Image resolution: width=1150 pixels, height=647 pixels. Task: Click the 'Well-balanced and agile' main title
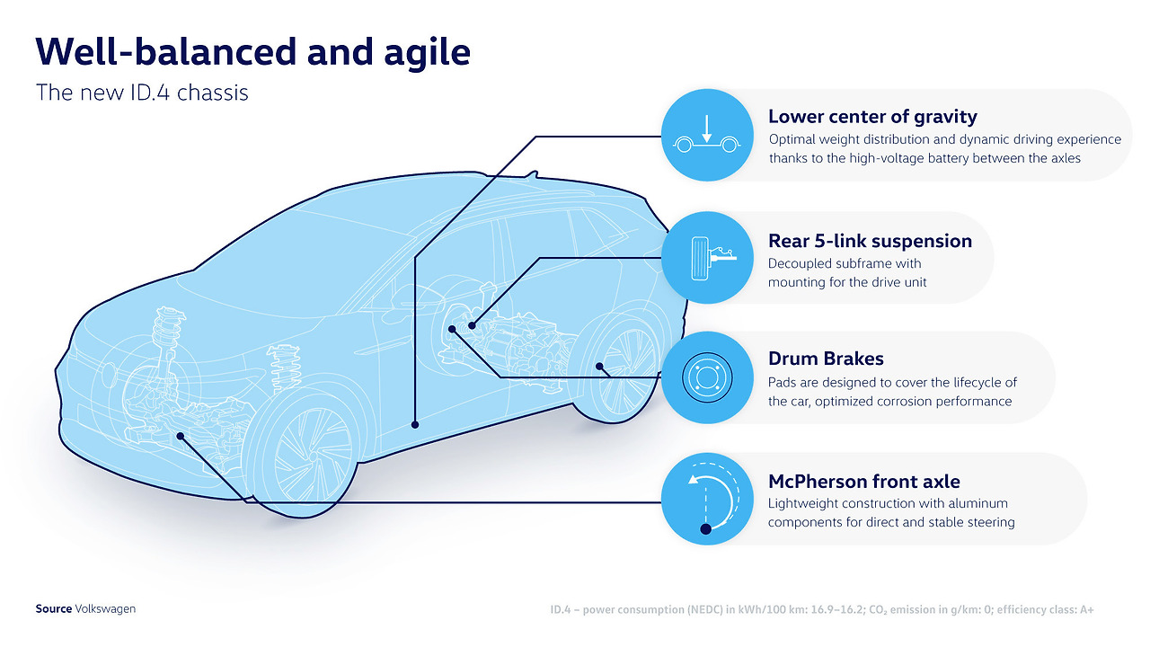pyautogui.click(x=253, y=52)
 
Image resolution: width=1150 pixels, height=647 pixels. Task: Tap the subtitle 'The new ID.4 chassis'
pyautogui.click(x=142, y=93)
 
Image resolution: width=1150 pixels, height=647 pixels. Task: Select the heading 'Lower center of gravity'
pyautogui.click(x=872, y=117)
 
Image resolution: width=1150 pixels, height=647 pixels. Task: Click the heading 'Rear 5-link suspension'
pyautogui.click(x=870, y=241)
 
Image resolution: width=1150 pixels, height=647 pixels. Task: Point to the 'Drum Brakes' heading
pyautogui.click(x=826, y=359)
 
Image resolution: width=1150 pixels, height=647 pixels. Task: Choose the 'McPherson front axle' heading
pyautogui.click(x=864, y=482)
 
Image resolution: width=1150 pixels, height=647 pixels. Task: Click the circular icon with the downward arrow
pyautogui.click(x=707, y=135)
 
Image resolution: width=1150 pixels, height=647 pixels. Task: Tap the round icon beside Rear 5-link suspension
pyautogui.click(x=707, y=258)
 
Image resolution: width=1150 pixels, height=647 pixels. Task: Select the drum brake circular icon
pyautogui.click(x=707, y=377)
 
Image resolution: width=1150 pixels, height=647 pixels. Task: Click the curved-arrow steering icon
pyautogui.click(x=707, y=499)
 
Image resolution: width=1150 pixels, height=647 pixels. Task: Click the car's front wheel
pyautogui.click(x=300, y=452)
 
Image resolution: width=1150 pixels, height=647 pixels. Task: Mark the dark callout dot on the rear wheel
pyautogui.click(x=599, y=366)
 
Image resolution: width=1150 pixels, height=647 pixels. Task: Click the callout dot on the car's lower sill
pyautogui.click(x=415, y=425)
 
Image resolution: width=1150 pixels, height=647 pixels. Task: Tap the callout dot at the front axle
pyautogui.click(x=181, y=436)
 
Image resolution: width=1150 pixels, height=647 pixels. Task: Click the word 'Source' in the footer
pyautogui.click(x=53, y=609)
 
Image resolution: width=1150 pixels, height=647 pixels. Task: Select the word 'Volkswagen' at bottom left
pyautogui.click(x=105, y=609)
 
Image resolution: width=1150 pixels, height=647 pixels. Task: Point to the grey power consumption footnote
pyautogui.click(x=822, y=610)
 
